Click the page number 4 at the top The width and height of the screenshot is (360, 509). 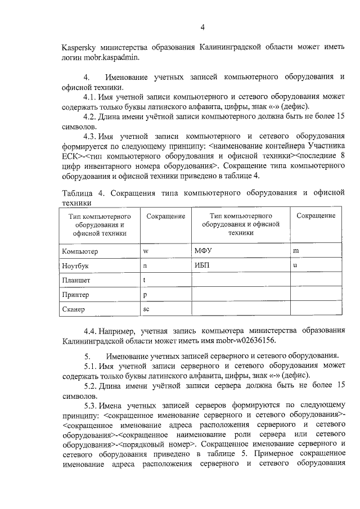pos(202,28)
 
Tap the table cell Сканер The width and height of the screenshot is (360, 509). pos(74,309)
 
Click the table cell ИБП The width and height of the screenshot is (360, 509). pos(201,264)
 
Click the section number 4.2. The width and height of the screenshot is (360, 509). pos(92,118)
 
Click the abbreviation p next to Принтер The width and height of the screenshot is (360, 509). pos(145,294)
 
